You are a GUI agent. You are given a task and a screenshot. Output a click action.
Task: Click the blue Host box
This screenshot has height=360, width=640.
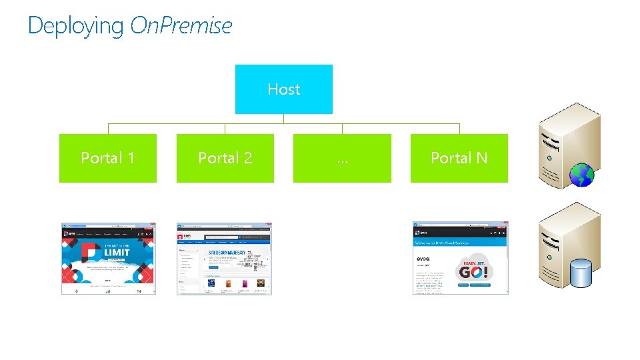tap(283, 89)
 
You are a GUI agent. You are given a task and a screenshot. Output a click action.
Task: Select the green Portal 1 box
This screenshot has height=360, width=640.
tap(108, 158)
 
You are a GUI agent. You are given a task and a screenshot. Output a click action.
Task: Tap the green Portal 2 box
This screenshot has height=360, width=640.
tap(225, 158)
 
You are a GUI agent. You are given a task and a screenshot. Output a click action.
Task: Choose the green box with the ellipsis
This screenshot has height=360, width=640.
tap(342, 158)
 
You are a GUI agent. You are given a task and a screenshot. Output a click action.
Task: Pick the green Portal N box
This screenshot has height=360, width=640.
tap(459, 158)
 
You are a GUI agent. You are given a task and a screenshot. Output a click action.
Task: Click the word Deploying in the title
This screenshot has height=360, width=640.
tap(76, 26)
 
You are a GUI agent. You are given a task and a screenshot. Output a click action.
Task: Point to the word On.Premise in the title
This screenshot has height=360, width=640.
tap(181, 26)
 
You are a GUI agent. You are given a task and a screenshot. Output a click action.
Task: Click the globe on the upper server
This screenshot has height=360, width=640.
tap(581, 175)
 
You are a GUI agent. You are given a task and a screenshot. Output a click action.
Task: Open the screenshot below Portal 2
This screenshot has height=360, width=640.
tap(224, 259)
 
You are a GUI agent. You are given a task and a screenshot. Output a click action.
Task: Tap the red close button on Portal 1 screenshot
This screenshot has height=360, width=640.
tap(153, 225)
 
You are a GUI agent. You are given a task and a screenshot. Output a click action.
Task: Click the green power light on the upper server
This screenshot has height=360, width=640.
tap(549, 158)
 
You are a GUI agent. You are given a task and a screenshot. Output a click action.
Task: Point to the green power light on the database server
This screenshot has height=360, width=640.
tap(549, 254)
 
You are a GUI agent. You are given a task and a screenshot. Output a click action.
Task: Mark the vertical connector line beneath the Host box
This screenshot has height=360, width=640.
tap(284, 119)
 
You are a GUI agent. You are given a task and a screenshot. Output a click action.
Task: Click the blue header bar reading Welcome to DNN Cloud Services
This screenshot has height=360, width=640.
tap(460, 243)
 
